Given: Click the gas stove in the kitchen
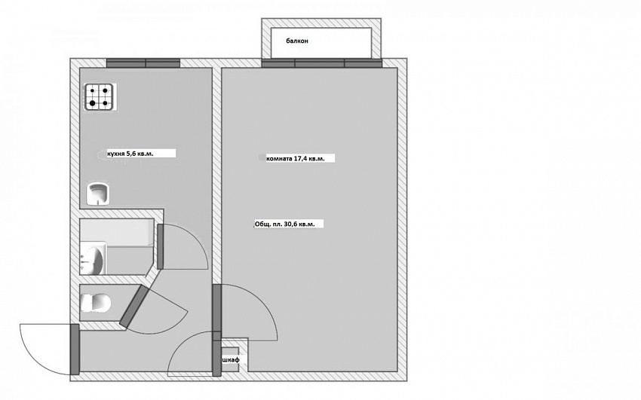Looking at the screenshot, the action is tap(99, 96).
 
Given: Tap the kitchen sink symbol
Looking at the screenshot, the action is tap(98, 194).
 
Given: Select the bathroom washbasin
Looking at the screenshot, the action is tap(93, 258).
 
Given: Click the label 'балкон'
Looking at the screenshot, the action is tap(297, 41).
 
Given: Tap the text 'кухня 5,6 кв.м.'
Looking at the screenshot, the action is tap(130, 154).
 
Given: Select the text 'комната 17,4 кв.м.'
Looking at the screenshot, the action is tap(295, 158).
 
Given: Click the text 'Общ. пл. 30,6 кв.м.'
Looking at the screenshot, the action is tap(284, 224).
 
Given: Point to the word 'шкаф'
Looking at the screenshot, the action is tap(231, 359).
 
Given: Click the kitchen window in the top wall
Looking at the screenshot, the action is tap(143, 63).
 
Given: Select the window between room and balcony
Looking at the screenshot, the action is tap(322, 63).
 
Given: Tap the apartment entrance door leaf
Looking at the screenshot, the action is tap(75, 349).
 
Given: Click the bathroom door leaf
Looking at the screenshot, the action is tap(160, 246).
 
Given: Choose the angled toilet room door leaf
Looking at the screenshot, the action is tap(133, 307).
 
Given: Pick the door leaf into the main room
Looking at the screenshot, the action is tap(216, 308).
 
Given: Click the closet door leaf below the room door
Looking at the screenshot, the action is tap(216, 358).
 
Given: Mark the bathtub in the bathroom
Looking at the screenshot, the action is tap(117, 233).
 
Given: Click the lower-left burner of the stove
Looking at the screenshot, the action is tap(93, 103).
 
